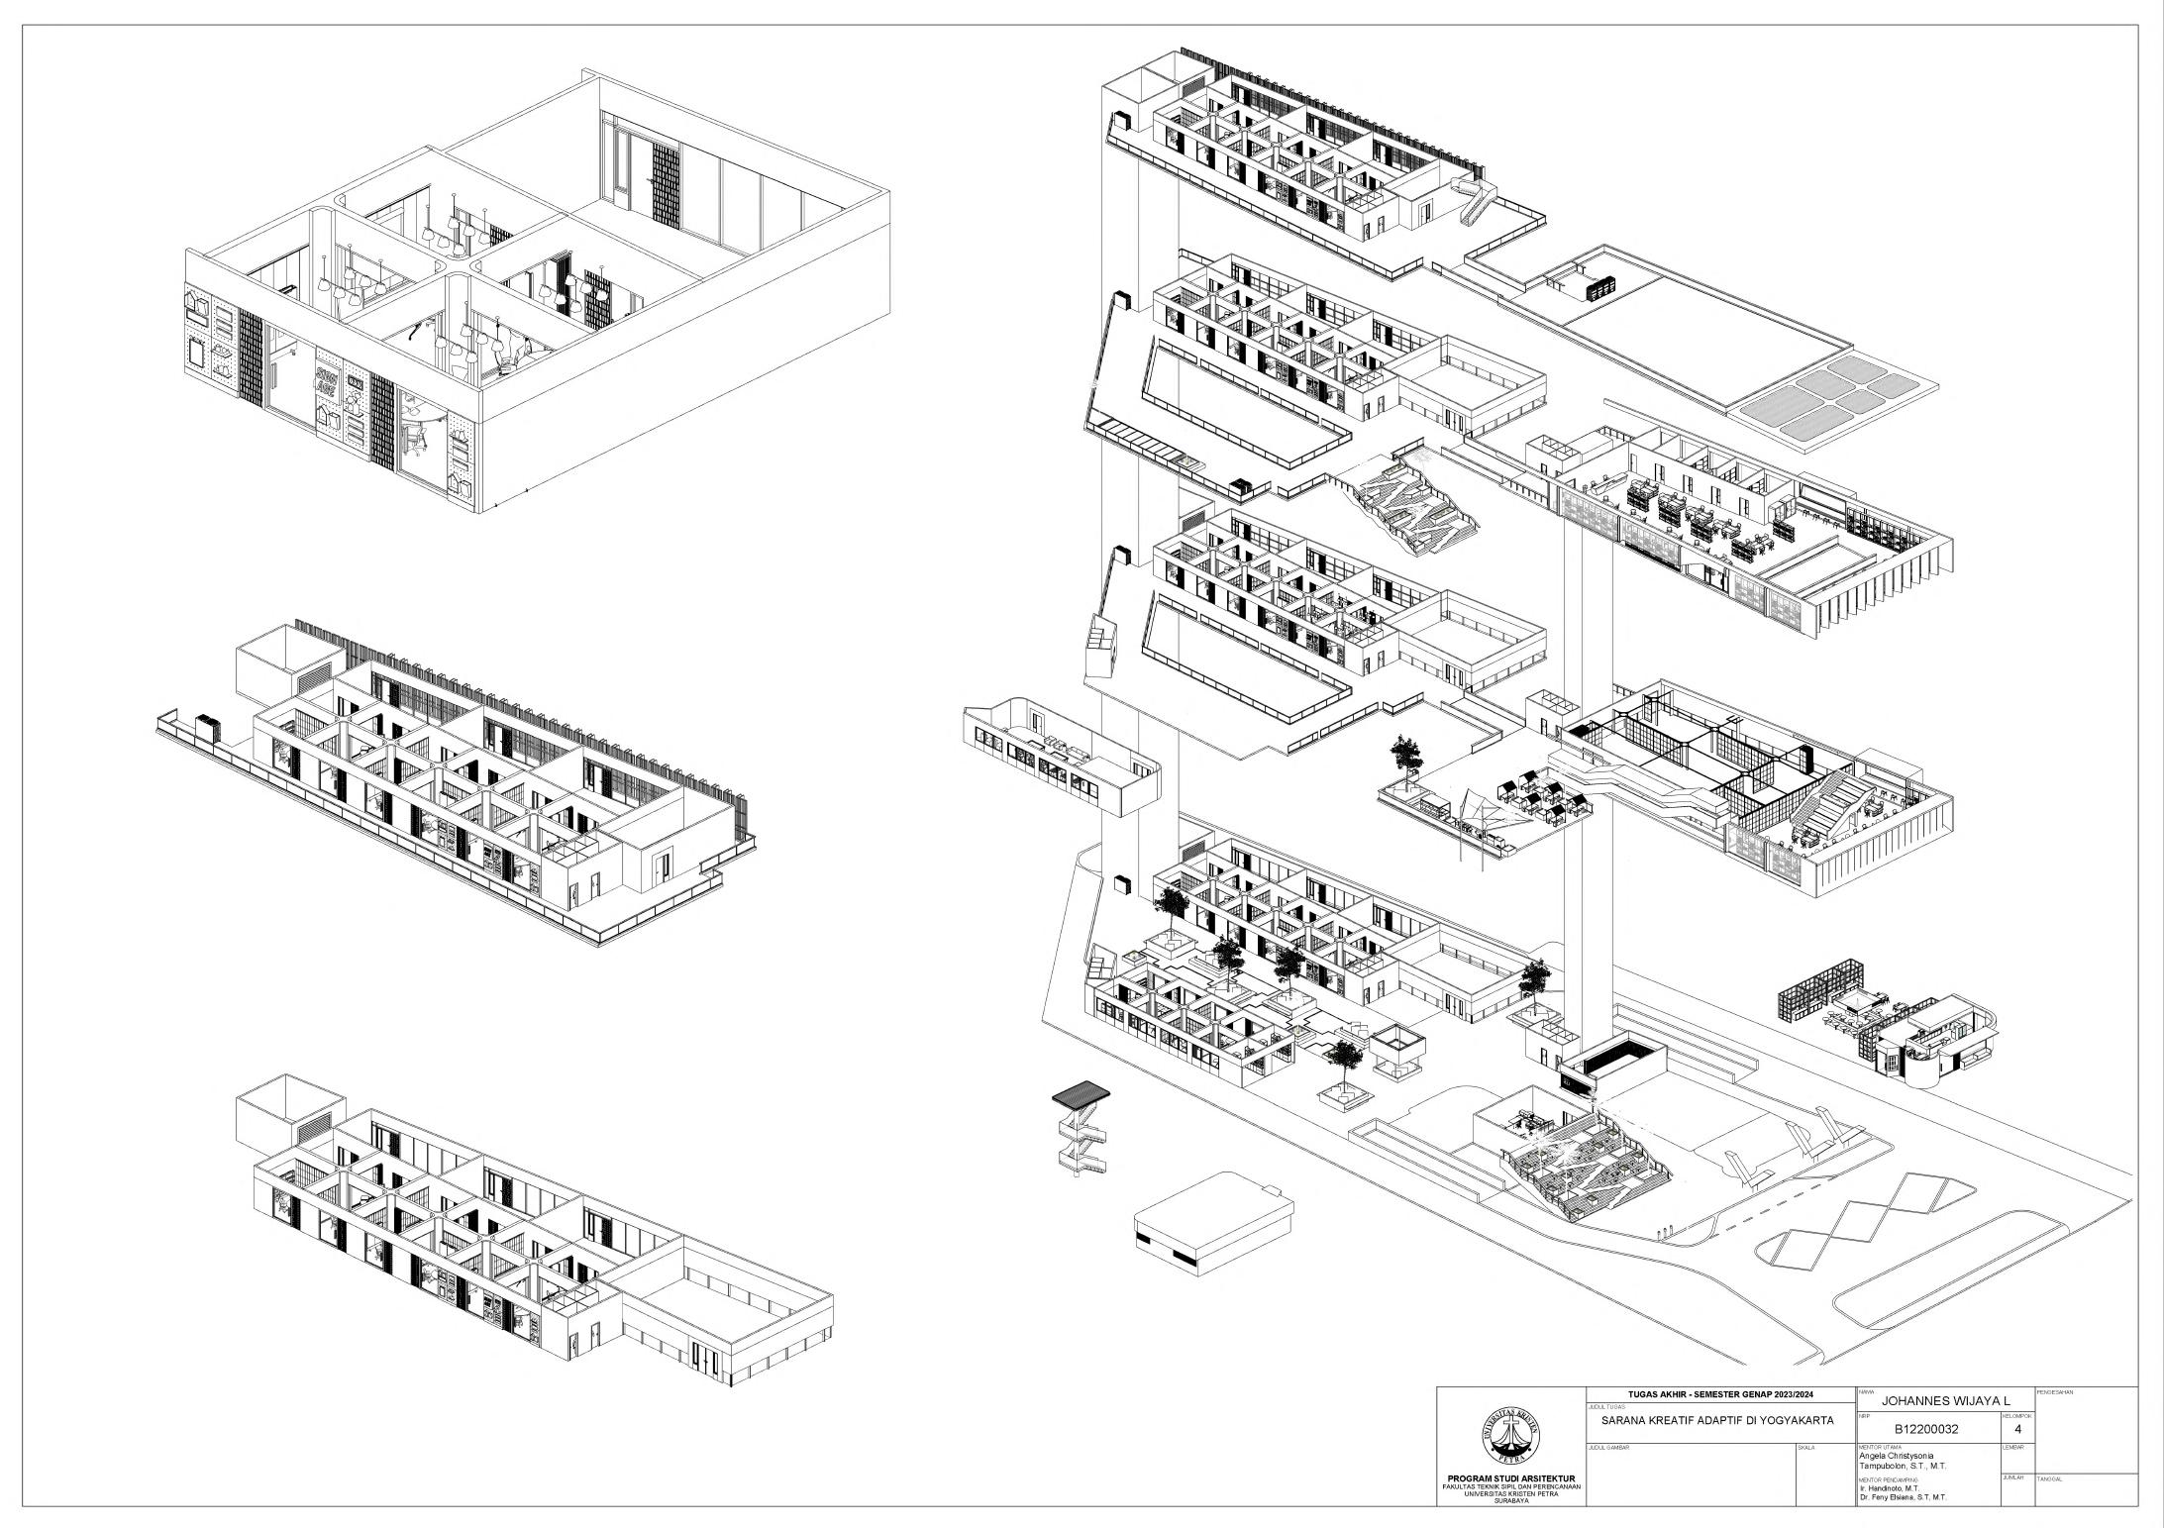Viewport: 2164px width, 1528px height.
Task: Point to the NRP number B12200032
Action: (x=1926, y=1429)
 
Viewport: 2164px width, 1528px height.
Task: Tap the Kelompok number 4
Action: (x=2017, y=1429)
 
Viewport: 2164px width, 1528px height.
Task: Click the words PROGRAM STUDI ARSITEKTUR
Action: (x=1511, y=1480)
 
